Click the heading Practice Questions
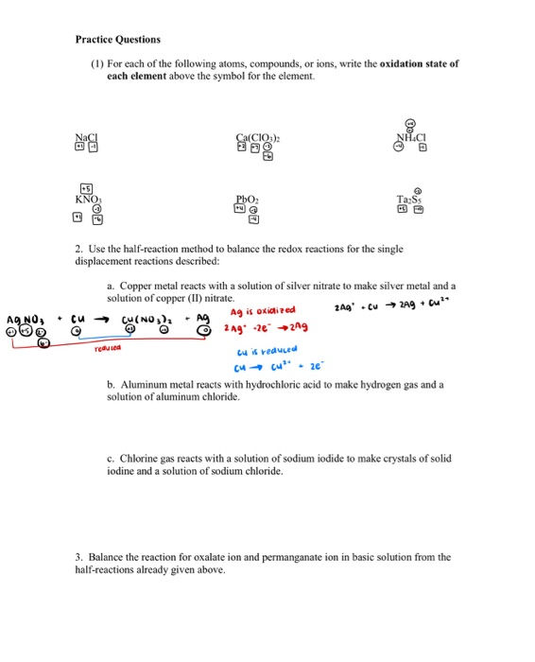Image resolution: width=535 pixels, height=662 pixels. (118, 40)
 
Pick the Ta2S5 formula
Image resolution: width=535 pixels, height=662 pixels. (411, 200)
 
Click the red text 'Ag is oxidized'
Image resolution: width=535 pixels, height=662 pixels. (263, 309)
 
